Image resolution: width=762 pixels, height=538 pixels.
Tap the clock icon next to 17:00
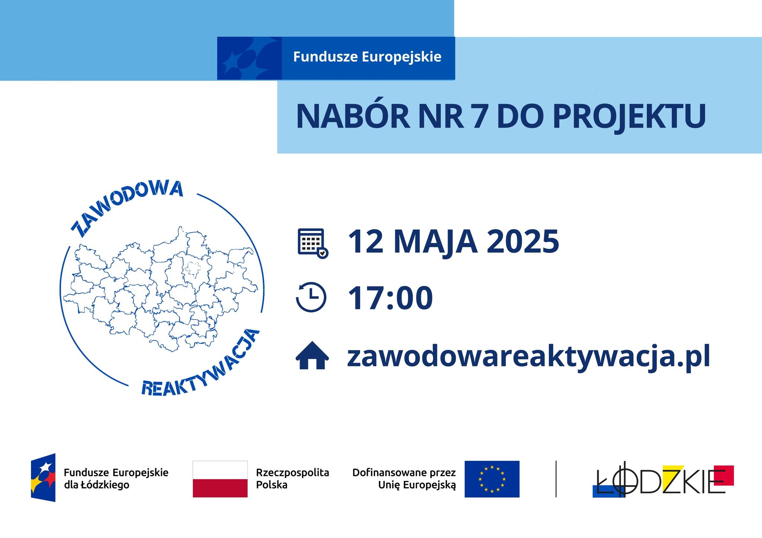[311, 297]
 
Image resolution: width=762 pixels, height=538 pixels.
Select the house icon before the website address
[312, 355]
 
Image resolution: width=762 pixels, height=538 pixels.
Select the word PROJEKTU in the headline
[629, 117]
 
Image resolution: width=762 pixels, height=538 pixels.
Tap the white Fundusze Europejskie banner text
[367, 57]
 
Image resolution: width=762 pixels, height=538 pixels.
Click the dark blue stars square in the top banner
[249, 58]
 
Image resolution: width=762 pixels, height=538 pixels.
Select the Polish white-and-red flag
[220, 479]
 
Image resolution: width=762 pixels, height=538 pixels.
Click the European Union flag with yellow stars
[492, 479]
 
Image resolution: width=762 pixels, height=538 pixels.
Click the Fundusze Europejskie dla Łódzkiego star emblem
[43, 477]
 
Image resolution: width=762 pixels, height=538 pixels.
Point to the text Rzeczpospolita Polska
[292, 479]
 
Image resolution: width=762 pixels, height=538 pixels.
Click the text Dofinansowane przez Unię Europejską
[404, 479]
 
